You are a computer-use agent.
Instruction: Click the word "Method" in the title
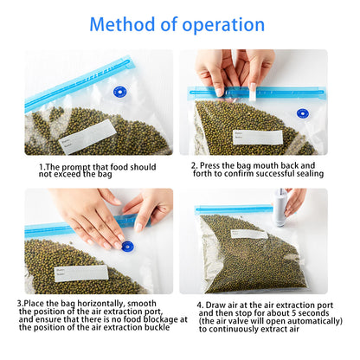(x=123, y=24)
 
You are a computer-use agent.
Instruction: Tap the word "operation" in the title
(x=223, y=25)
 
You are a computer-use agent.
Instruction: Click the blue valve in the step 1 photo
(x=120, y=92)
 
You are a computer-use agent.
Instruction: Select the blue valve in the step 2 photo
(x=302, y=113)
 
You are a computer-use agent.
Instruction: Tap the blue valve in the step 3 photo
(x=127, y=247)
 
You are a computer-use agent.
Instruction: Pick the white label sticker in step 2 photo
(x=258, y=137)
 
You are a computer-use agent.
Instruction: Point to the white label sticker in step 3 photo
(x=81, y=273)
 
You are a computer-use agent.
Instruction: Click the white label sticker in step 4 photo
(x=248, y=234)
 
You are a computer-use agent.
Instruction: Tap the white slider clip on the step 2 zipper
(x=253, y=92)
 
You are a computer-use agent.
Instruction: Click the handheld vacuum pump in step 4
(x=280, y=207)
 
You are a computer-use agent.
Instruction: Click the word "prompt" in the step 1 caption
(x=76, y=167)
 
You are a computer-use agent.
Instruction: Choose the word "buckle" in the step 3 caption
(x=157, y=327)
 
